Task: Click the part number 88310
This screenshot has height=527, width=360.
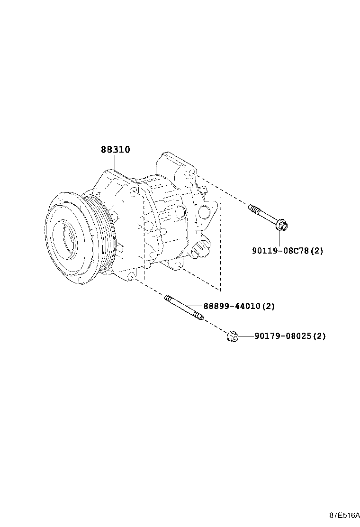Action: pyautogui.click(x=115, y=150)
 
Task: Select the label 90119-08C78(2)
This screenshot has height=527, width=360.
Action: pyautogui.click(x=287, y=250)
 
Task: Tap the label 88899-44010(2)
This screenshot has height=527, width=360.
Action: pyautogui.click(x=239, y=306)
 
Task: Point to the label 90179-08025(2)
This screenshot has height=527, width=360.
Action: pyautogui.click(x=290, y=336)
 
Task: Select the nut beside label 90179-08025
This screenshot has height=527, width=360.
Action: pyautogui.click(x=232, y=337)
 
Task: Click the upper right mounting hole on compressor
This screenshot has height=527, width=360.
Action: pyautogui.click(x=191, y=174)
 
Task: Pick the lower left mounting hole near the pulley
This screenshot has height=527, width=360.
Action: pyautogui.click(x=131, y=275)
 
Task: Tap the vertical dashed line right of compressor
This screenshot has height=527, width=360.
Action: pyautogui.click(x=221, y=237)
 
